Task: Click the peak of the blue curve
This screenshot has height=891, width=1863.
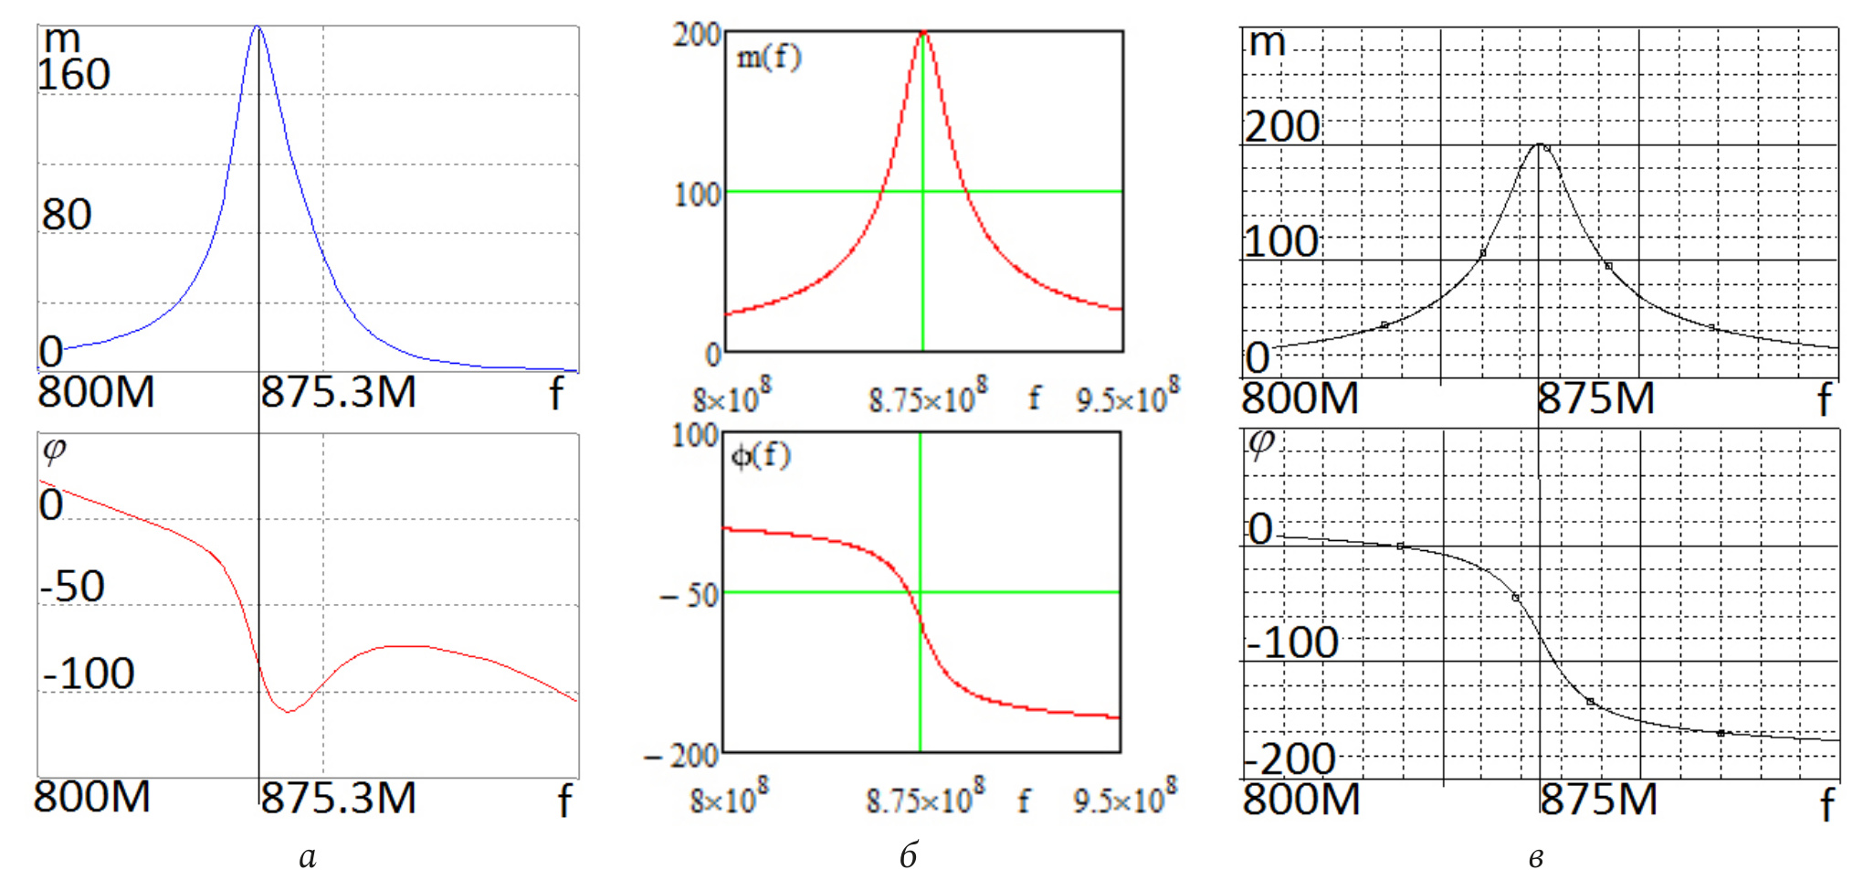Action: [x=258, y=27]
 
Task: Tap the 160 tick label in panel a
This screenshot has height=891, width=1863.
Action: [x=74, y=75]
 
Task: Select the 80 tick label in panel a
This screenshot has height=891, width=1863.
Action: [x=67, y=215]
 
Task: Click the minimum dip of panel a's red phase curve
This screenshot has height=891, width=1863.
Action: [x=289, y=711]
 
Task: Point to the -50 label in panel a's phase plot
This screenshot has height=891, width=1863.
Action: [x=73, y=587]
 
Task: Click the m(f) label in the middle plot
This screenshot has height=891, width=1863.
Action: [x=768, y=58]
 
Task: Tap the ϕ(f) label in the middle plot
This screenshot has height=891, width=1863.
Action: [x=761, y=455]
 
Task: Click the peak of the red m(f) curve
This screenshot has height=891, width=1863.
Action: [x=923, y=33]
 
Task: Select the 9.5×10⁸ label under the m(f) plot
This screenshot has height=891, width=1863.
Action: [x=1128, y=397]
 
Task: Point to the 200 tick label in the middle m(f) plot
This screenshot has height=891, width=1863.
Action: [x=697, y=36]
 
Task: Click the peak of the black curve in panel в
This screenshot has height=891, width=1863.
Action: [x=1540, y=144]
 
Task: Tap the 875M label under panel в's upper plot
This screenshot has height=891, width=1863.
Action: [x=1595, y=399]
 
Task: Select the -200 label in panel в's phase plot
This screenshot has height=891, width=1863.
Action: [x=1289, y=759]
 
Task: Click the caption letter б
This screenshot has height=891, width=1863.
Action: [x=908, y=855]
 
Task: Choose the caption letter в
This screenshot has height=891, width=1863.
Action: [x=1536, y=857]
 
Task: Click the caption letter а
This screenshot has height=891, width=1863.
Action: [x=308, y=857]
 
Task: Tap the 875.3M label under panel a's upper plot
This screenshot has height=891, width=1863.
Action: [x=338, y=393]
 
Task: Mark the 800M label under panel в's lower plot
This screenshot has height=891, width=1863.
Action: [x=1301, y=800]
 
